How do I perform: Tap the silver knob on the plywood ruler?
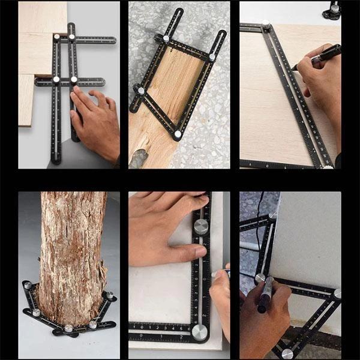pyautogui.click(x=266, y=25)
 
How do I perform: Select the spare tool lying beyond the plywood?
pyautogui.click(x=332, y=10)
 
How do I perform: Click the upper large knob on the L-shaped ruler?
pyautogui.click(x=201, y=226)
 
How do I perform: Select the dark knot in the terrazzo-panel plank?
pyautogui.click(x=138, y=158)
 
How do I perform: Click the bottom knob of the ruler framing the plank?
pyautogui.click(x=178, y=135)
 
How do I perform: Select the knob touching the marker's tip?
pyautogui.click(x=260, y=278)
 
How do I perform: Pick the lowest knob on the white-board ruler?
pyautogui.click(x=287, y=353)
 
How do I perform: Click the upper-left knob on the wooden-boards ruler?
pyautogui.click(x=57, y=37)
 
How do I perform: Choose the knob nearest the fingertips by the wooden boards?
pyautogui.click(x=74, y=79)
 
